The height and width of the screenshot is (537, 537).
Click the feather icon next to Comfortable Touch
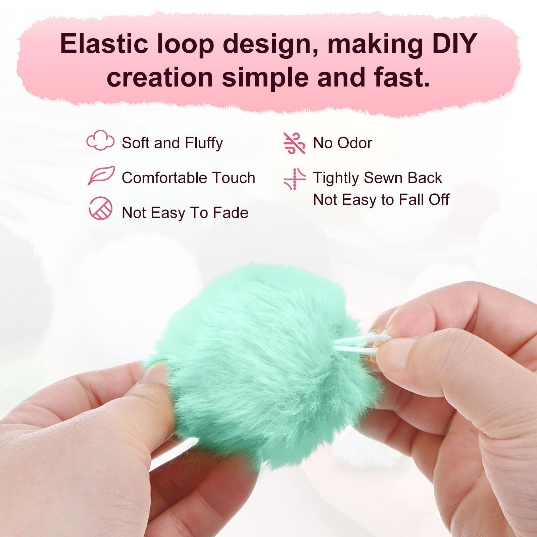(101, 175)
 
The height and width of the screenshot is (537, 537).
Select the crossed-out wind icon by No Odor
(294, 143)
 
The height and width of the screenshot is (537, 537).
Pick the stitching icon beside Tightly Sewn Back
(294, 179)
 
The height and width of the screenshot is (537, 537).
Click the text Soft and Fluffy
(172, 143)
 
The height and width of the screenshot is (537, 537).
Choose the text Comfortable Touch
(188, 178)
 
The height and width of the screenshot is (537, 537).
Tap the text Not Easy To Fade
(185, 212)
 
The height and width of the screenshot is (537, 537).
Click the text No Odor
(342, 143)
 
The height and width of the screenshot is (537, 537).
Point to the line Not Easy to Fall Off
(381, 199)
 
